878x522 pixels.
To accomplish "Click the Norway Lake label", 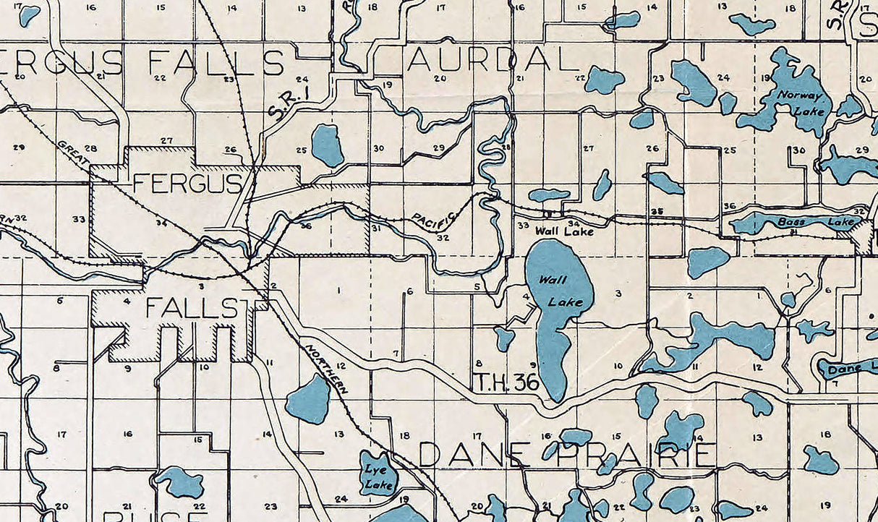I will click(x=796, y=102).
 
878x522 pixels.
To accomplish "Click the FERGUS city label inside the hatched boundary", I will click(x=187, y=184).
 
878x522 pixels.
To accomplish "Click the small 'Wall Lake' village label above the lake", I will click(x=564, y=232).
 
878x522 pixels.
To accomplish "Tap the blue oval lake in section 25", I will click(x=327, y=145).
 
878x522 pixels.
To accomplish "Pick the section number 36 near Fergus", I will click(x=305, y=226).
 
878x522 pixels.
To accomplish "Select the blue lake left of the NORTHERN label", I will click(x=310, y=400).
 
